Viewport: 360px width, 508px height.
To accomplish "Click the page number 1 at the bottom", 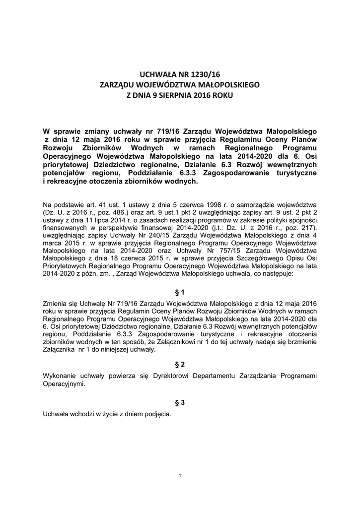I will click(179, 476).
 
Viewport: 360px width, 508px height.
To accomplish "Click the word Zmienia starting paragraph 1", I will click(57, 304).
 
